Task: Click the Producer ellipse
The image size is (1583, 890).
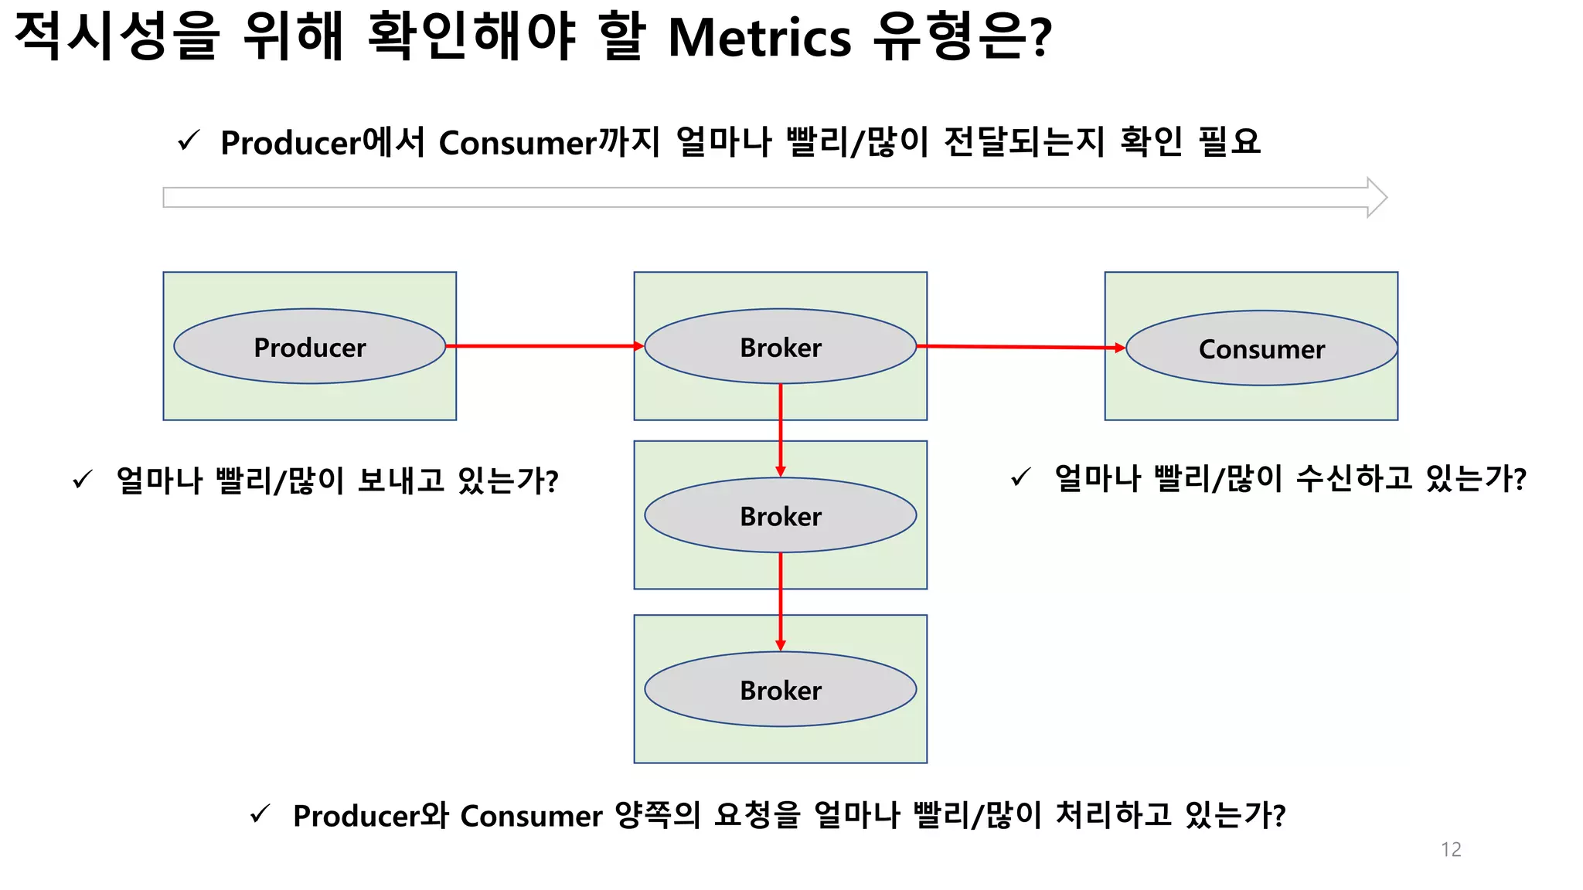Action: (x=309, y=346)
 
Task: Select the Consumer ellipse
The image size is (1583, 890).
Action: (x=1261, y=348)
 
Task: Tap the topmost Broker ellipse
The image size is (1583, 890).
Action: (x=781, y=346)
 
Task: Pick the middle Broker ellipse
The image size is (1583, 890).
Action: (x=781, y=515)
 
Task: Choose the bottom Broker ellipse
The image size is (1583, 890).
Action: (x=781, y=689)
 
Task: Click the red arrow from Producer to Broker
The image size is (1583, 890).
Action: (x=545, y=346)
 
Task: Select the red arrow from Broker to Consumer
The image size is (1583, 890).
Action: (x=1020, y=347)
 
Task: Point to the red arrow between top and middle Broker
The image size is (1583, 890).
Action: (x=781, y=430)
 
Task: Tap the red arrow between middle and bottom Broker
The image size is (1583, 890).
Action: (x=781, y=601)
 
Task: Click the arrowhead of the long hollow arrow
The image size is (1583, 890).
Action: (x=1377, y=198)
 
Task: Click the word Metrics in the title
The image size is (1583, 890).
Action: (x=759, y=37)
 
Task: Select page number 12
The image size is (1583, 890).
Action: (x=1451, y=849)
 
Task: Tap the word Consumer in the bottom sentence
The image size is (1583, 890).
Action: (x=531, y=816)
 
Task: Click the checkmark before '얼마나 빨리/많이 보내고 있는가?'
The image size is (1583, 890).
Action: (x=83, y=480)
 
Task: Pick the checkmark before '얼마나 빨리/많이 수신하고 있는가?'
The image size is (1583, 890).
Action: (x=1021, y=477)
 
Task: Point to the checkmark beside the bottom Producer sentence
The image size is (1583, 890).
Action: (x=260, y=814)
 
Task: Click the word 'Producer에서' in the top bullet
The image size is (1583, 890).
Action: (x=322, y=143)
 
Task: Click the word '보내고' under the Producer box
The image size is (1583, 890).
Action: (x=401, y=481)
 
